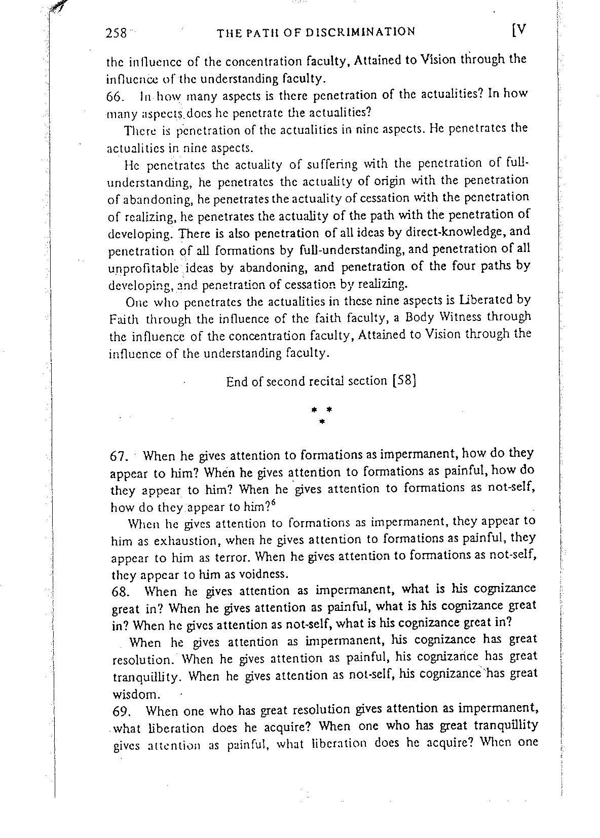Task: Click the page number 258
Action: [x=116, y=33]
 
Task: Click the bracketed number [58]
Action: [x=405, y=381]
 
